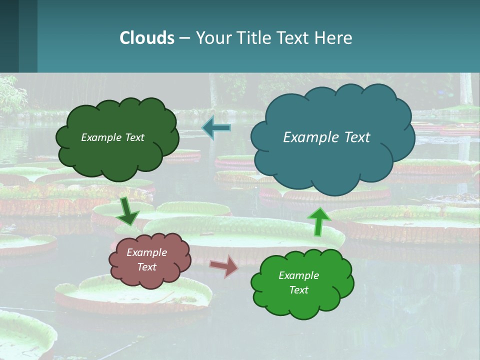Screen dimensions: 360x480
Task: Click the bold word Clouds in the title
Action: coord(147,38)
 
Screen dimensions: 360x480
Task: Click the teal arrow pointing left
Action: coord(216,128)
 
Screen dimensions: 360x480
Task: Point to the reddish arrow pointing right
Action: coord(224,266)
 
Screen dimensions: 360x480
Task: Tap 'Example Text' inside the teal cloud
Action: coord(326,137)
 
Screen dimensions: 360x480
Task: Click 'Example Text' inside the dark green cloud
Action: coord(112,137)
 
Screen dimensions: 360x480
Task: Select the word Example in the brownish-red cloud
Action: coord(146,252)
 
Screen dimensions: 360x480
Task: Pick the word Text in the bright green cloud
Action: coord(298,290)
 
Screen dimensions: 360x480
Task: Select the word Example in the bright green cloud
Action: coord(298,275)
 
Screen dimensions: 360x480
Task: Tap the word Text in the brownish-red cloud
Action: coord(146,267)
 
